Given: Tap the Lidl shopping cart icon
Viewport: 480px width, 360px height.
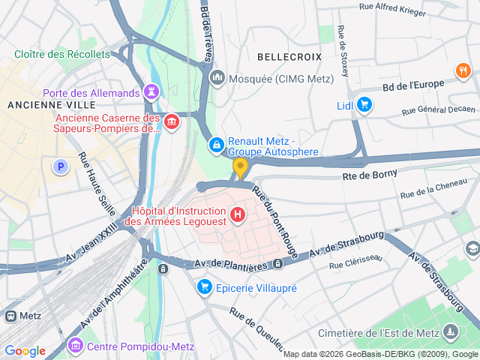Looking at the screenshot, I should pos(364,104).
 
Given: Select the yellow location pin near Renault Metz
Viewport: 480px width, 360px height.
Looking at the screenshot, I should pos(240,166).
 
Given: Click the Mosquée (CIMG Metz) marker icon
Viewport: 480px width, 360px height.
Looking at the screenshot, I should pos(217,78).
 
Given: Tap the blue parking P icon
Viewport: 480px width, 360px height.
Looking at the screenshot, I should pos(60,166).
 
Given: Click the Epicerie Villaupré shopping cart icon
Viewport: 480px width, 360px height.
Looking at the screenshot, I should pos(204,286).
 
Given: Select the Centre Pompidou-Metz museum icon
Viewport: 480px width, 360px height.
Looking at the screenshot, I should pos(75,346).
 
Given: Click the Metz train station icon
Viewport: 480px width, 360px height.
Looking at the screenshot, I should pos(10,316).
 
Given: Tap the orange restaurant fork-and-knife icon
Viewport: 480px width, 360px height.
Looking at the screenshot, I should pos(463,71).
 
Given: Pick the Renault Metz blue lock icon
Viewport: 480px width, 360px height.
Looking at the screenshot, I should pos(216,143).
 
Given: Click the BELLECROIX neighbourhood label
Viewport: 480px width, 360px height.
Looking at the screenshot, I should pos(289,57).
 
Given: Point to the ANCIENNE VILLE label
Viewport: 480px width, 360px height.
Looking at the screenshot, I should pos(39,105).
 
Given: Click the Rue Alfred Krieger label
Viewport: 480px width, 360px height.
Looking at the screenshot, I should pos(392,10).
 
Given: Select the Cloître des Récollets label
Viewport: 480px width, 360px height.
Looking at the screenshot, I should pos(61,55).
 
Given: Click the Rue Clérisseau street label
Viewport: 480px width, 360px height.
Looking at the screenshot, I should pos(355,260).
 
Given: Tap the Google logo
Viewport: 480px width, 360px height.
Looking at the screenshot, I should pos(25,350).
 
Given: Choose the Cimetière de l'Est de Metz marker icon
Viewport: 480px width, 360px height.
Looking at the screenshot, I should pos(450,331).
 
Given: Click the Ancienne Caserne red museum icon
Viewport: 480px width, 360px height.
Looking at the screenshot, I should pos(172,122).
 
